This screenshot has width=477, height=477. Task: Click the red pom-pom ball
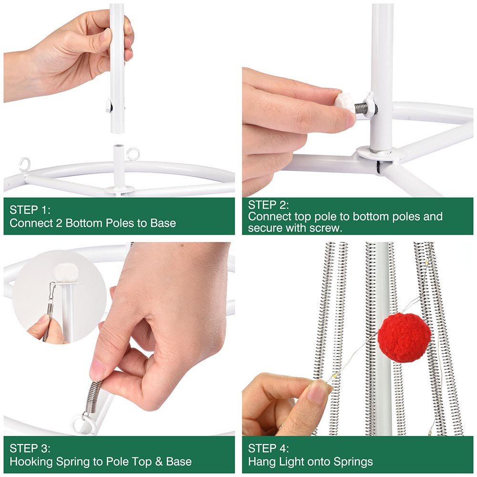[404, 338]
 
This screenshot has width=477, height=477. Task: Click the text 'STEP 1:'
[30, 210]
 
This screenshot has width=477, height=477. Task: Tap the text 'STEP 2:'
[268, 205]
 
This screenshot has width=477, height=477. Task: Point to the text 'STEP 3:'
[30, 448]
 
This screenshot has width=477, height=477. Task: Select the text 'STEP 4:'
[268, 448]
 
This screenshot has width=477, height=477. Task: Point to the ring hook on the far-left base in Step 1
[24, 164]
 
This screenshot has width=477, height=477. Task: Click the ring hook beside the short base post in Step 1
[133, 154]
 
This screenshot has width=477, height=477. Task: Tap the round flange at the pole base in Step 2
[381, 153]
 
